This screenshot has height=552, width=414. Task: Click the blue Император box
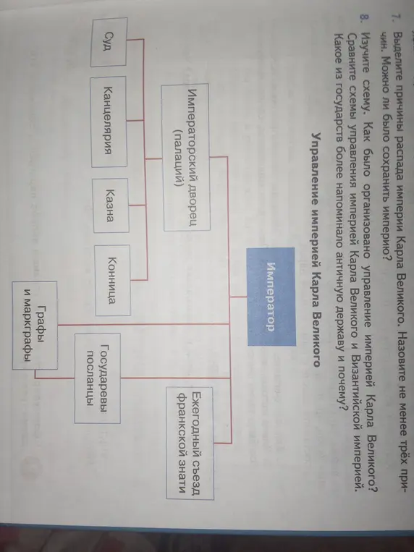point(271,297)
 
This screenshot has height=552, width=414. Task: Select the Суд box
point(109,42)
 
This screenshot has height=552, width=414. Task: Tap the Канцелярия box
point(109,122)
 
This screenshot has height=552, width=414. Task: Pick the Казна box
point(110,205)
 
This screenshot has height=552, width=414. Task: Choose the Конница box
point(112,280)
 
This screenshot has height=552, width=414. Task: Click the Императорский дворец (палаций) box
point(186,157)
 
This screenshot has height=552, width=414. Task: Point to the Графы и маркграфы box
point(35,325)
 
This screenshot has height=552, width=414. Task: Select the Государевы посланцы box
point(344,378)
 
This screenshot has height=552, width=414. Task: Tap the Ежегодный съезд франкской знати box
point(190,443)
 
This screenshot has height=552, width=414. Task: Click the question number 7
point(396,17)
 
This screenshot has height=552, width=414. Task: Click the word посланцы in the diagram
point(338,378)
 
